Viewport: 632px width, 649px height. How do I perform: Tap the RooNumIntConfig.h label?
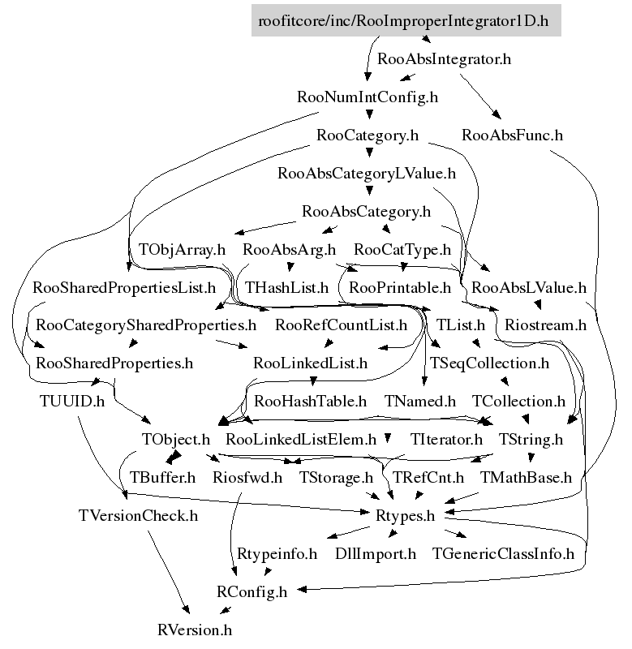[368, 97]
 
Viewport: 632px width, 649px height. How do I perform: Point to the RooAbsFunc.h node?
[512, 135]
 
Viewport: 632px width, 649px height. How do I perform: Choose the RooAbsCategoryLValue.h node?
[367, 174]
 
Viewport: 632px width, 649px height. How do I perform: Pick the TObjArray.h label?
[182, 249]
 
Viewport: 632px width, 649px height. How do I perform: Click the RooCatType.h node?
[402, 249]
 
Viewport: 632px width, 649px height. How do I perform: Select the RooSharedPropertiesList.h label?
[124, 287]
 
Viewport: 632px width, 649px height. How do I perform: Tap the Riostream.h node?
[545, 325]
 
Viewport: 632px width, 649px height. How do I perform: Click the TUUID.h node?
[72, 402]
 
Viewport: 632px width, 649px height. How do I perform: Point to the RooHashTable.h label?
[311, 402]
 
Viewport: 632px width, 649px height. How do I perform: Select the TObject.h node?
[175, 440]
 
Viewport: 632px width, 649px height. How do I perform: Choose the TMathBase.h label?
[527, 478]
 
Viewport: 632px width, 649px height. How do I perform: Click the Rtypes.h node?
[406, 516]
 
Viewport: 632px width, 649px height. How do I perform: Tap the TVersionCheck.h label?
[138, 516]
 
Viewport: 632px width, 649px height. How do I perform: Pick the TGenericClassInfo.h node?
[503, 554]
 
